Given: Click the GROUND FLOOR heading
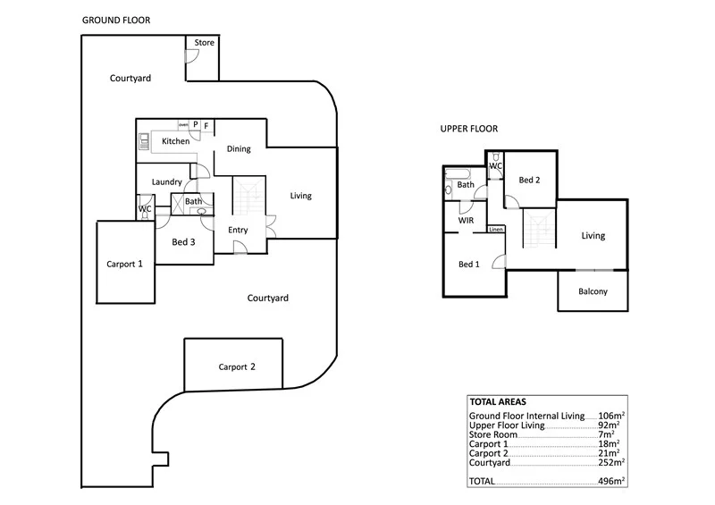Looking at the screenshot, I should (x=116, y=19).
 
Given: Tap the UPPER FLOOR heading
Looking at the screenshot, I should (x=468, y=129).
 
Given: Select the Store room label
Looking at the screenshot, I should (x=204, y=43).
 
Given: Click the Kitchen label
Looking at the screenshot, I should (x=175, y=141).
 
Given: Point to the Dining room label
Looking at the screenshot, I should (x=238, y=149).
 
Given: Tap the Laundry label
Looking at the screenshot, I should (x=167, y=182).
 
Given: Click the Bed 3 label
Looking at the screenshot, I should (x=184, y=241).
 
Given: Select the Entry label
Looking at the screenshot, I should (x=238, y=230).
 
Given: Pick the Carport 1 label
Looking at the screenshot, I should (x=125, y=264).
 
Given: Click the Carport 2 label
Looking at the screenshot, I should (x=237, y=366).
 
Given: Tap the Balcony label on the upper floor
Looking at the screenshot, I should (x=593, y=291).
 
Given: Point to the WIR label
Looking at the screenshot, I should (x=466, y=219).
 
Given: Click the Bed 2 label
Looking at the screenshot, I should (x=529, y=181).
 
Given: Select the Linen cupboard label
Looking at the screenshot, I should (x=495, y=230).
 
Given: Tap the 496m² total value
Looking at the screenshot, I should (x=611, y=481).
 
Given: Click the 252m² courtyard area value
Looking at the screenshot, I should (x=611, y=463).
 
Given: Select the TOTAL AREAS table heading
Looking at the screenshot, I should (x=499, y=403).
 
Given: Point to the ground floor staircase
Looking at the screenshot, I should (x=249, y=199).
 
